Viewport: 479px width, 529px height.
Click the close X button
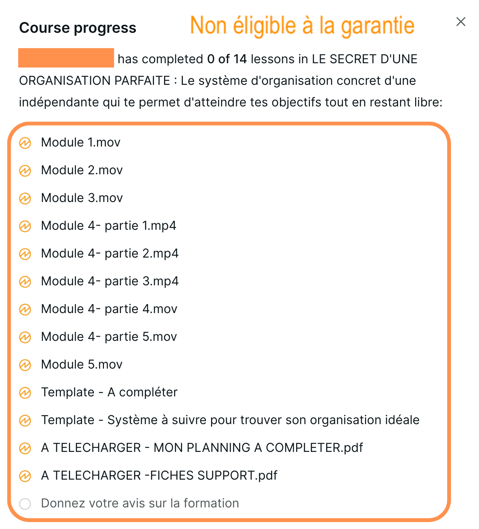point(461,22)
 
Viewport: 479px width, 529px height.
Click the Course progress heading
point(78,28)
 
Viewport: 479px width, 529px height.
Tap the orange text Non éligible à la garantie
point(302,26)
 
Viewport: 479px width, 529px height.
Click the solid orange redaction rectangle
point(66,58)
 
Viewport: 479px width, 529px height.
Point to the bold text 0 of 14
point(227,59)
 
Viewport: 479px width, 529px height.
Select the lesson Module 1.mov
point(81,143)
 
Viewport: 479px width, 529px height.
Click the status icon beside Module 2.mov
point(25,170)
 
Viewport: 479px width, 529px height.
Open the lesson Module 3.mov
point(82,198)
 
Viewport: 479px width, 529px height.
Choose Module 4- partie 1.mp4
point(109,226)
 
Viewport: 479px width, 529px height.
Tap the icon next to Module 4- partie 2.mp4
point(25,254)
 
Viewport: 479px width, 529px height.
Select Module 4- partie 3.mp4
point(110,281)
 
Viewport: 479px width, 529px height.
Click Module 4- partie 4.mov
point(109,309)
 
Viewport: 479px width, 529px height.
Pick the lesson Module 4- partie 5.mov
point(109,337)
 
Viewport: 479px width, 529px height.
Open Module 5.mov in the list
point(82,365)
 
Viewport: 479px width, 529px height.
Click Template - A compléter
point(109,393)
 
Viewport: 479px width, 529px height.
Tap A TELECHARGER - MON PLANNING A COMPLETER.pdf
point(202,448)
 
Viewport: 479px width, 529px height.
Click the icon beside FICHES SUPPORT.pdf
point(25,476)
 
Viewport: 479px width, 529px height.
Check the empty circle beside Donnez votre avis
point(25,504)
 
